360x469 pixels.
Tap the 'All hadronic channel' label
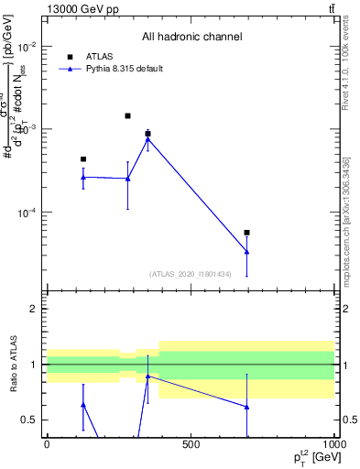191,37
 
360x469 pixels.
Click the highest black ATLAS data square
127,116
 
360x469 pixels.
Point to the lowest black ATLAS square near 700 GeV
247,233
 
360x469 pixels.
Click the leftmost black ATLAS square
83,159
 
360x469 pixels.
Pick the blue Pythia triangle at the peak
147,138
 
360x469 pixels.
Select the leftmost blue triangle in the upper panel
83,177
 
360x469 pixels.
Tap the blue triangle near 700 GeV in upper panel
247,251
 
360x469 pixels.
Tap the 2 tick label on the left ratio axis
34,309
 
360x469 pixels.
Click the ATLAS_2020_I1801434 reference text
190,274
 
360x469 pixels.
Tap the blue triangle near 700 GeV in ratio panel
247,407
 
